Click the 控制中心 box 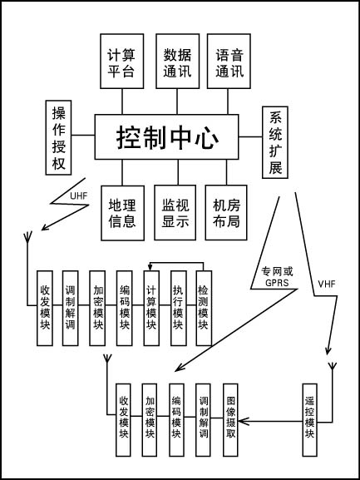(x=166, y=136)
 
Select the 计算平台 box (x=121, y=62)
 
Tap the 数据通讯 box (x=177, y=62)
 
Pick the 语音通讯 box (x=229, y=62)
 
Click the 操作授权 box (x=58, y=137)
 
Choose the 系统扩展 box (x=275, y=142)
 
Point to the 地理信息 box (x=123, y=213)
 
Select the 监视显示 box (x=175, y=212)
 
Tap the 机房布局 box (x=226, y=212)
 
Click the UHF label (x=79, y=196)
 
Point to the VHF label (x=327, y=284)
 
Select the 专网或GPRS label (x=277, y=277)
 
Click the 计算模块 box (x=151, y=308)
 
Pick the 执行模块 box (x=178, y=308)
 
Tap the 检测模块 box (x=204, y=308)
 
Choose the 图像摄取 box (x=230, y=420)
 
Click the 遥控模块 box (x=309, y=420)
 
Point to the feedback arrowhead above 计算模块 (x=150, y=266)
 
